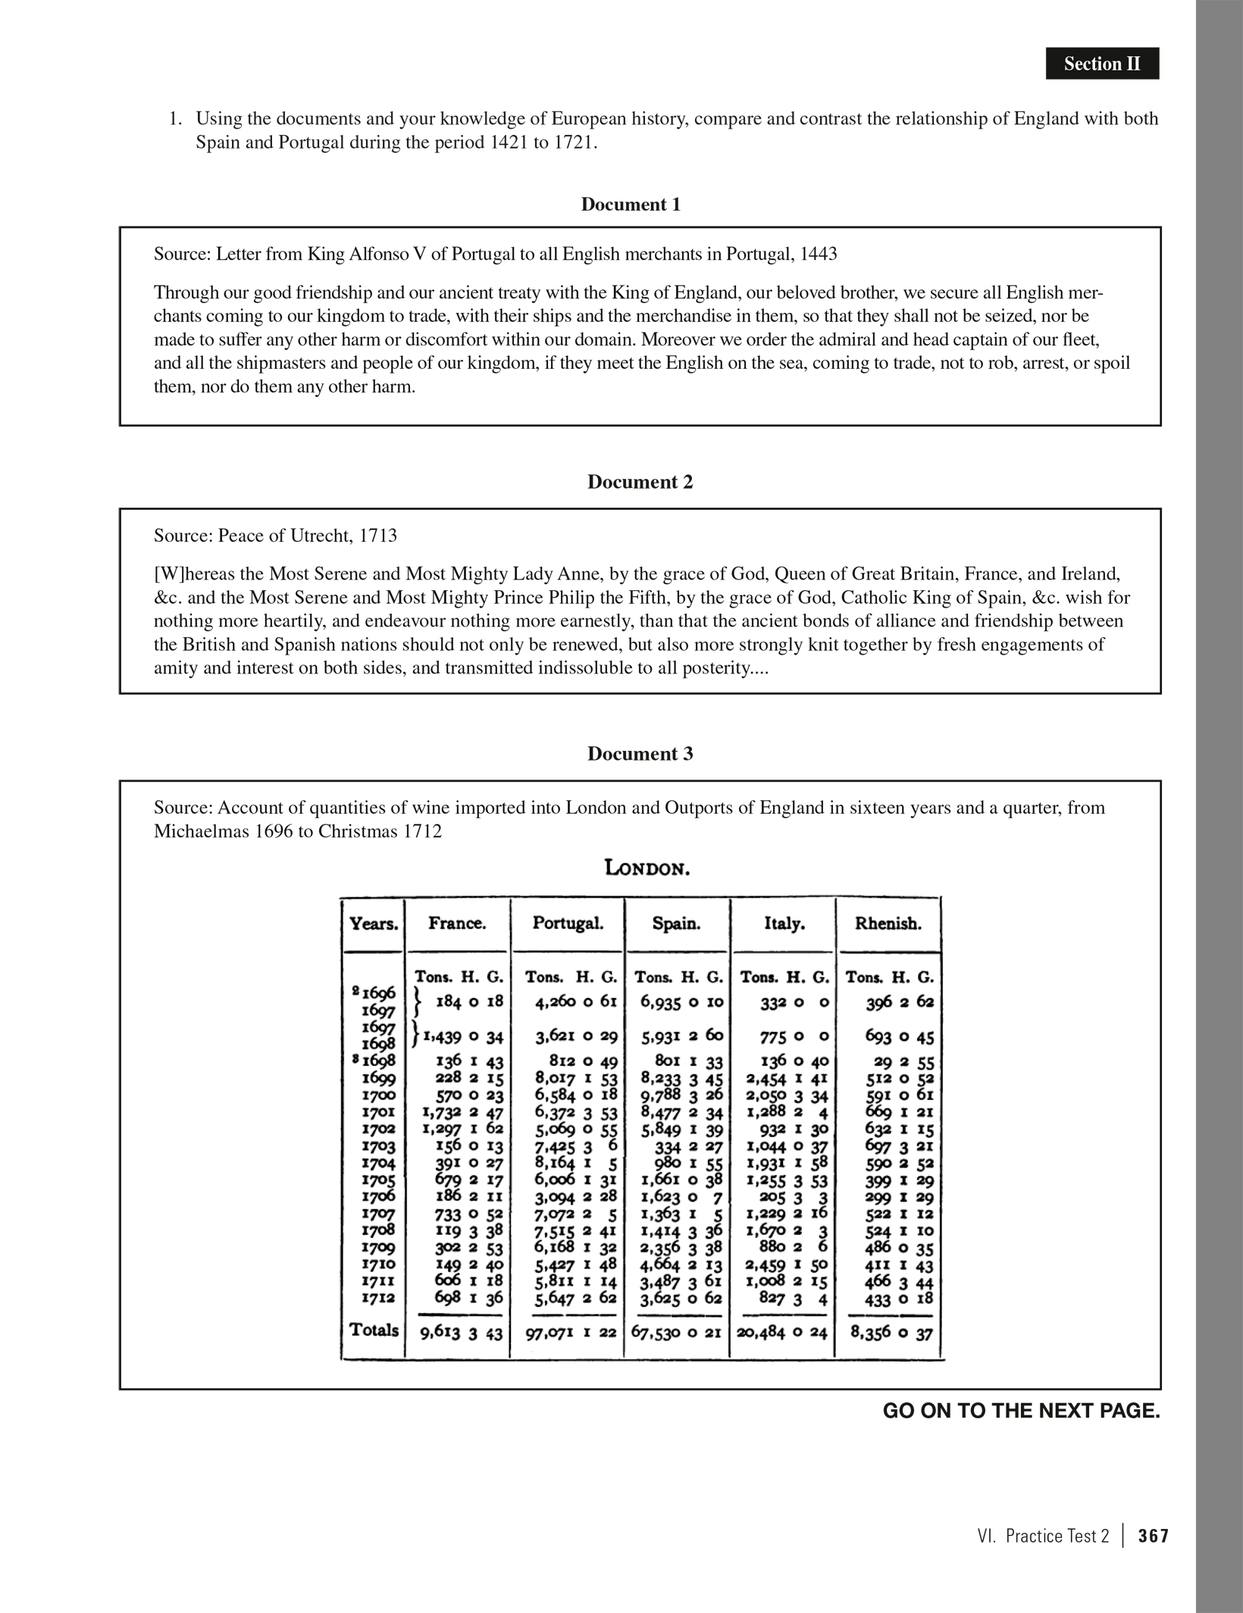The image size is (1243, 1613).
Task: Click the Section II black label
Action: (1101, 64)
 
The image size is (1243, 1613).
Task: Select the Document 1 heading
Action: (631, 205)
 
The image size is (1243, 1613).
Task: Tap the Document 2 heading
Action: (640, 482)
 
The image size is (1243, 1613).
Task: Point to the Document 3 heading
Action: (640, 754)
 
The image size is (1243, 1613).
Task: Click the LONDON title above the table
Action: (647, 868)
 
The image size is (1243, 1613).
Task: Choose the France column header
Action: (457, 923)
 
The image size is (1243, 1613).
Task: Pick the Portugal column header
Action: (568, 923)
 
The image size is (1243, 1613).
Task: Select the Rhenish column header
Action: (888, 923)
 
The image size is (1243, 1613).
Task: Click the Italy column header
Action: (784, 923)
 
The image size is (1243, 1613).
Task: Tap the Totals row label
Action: (374, 1330)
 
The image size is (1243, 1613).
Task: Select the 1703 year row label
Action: (378, 1147)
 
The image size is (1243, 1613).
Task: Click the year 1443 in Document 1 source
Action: (819, 254)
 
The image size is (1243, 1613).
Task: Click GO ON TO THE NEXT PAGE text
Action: (1021, 1411)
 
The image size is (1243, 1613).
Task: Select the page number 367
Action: (1154, 1536)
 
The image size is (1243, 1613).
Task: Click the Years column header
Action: (374, 924)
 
